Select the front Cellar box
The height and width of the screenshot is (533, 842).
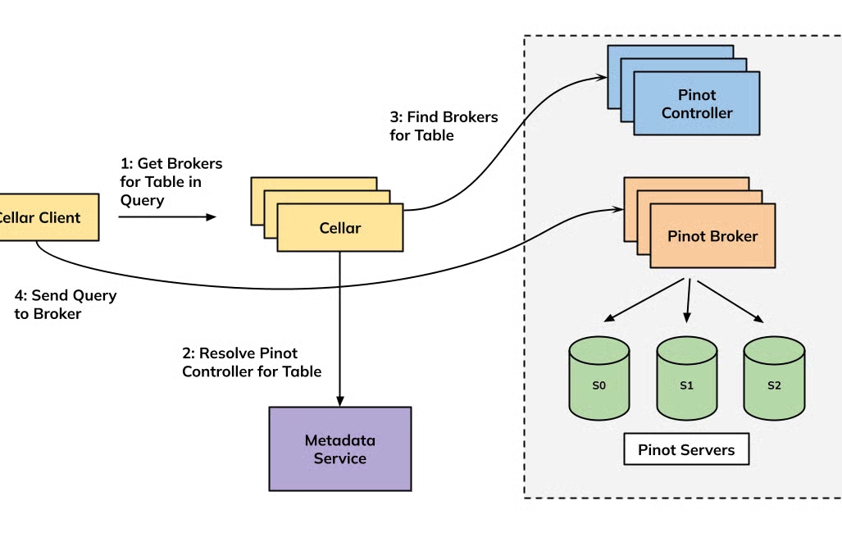(340, 227)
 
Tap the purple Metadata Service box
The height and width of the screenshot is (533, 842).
(339, 449)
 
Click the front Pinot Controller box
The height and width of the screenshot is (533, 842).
(696, 103)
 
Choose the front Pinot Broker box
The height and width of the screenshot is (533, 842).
(712, 236)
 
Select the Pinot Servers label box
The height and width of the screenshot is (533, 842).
(686, 449)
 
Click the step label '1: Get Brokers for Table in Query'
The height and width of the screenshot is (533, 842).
(171, 181)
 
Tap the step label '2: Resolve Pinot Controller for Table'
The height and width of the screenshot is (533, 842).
(251, 362)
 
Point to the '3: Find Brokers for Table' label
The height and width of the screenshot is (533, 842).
(444, 125)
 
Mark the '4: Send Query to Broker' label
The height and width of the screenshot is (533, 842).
(66, 303)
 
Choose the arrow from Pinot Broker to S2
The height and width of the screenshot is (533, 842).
(730, 300)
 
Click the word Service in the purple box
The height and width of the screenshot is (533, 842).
(339, 458)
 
